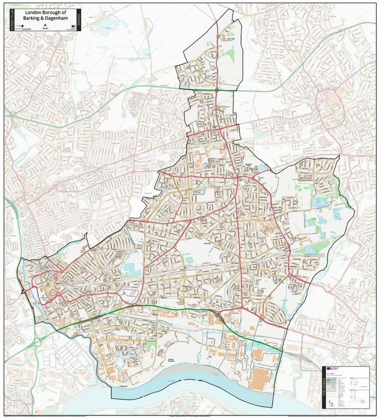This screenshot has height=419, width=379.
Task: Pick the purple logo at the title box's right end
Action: point(73,27)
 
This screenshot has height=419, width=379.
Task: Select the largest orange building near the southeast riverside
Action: point(260,380)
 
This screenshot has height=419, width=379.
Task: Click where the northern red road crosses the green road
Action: point(217,89)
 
